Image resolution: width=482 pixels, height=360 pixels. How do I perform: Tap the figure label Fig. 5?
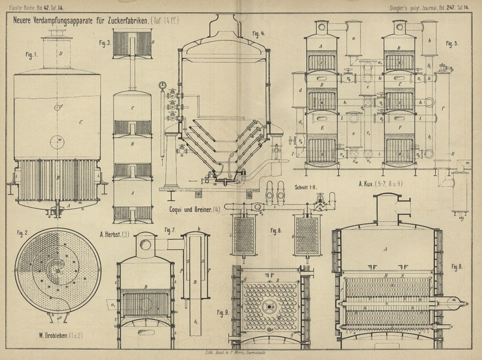(x=452, y=44)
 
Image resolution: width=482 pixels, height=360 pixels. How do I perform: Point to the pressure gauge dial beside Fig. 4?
(x=161, y=85)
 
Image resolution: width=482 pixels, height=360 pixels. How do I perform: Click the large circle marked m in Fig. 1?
(x=59, y=142)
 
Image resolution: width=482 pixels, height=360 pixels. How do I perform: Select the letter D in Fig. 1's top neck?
(x=61, y=53)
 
